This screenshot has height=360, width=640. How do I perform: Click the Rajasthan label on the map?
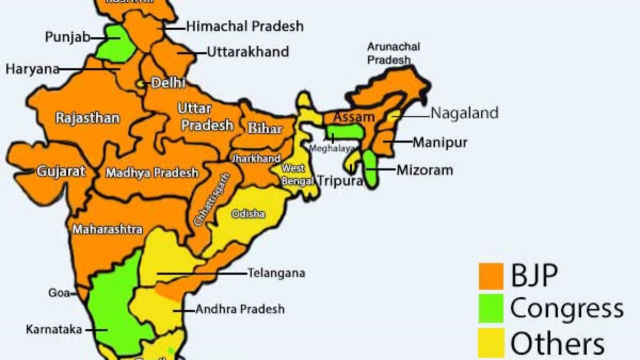(x=87, y=118)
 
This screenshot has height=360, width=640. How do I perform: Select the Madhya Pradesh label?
(x=152, y=173)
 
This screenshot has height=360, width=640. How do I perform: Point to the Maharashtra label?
(x=107, y=229)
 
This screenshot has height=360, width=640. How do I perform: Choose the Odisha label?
(x=247, y=214)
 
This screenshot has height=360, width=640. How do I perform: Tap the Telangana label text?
(x=276, y=273)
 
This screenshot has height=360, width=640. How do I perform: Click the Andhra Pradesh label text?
(x=239, y=309)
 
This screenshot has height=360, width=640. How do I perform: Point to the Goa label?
(x=59, y=293)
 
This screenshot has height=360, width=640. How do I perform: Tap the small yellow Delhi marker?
(x=141, y=84)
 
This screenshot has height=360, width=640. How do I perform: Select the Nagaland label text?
(x=464, y=113)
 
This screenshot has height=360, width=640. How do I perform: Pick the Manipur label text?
(x=439, y=142)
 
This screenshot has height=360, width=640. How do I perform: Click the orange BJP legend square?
(x=491, y=276)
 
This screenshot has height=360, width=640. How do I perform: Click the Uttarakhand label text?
(x=247, y=52)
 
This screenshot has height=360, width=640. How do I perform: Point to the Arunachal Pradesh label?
(x=393, y=53)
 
